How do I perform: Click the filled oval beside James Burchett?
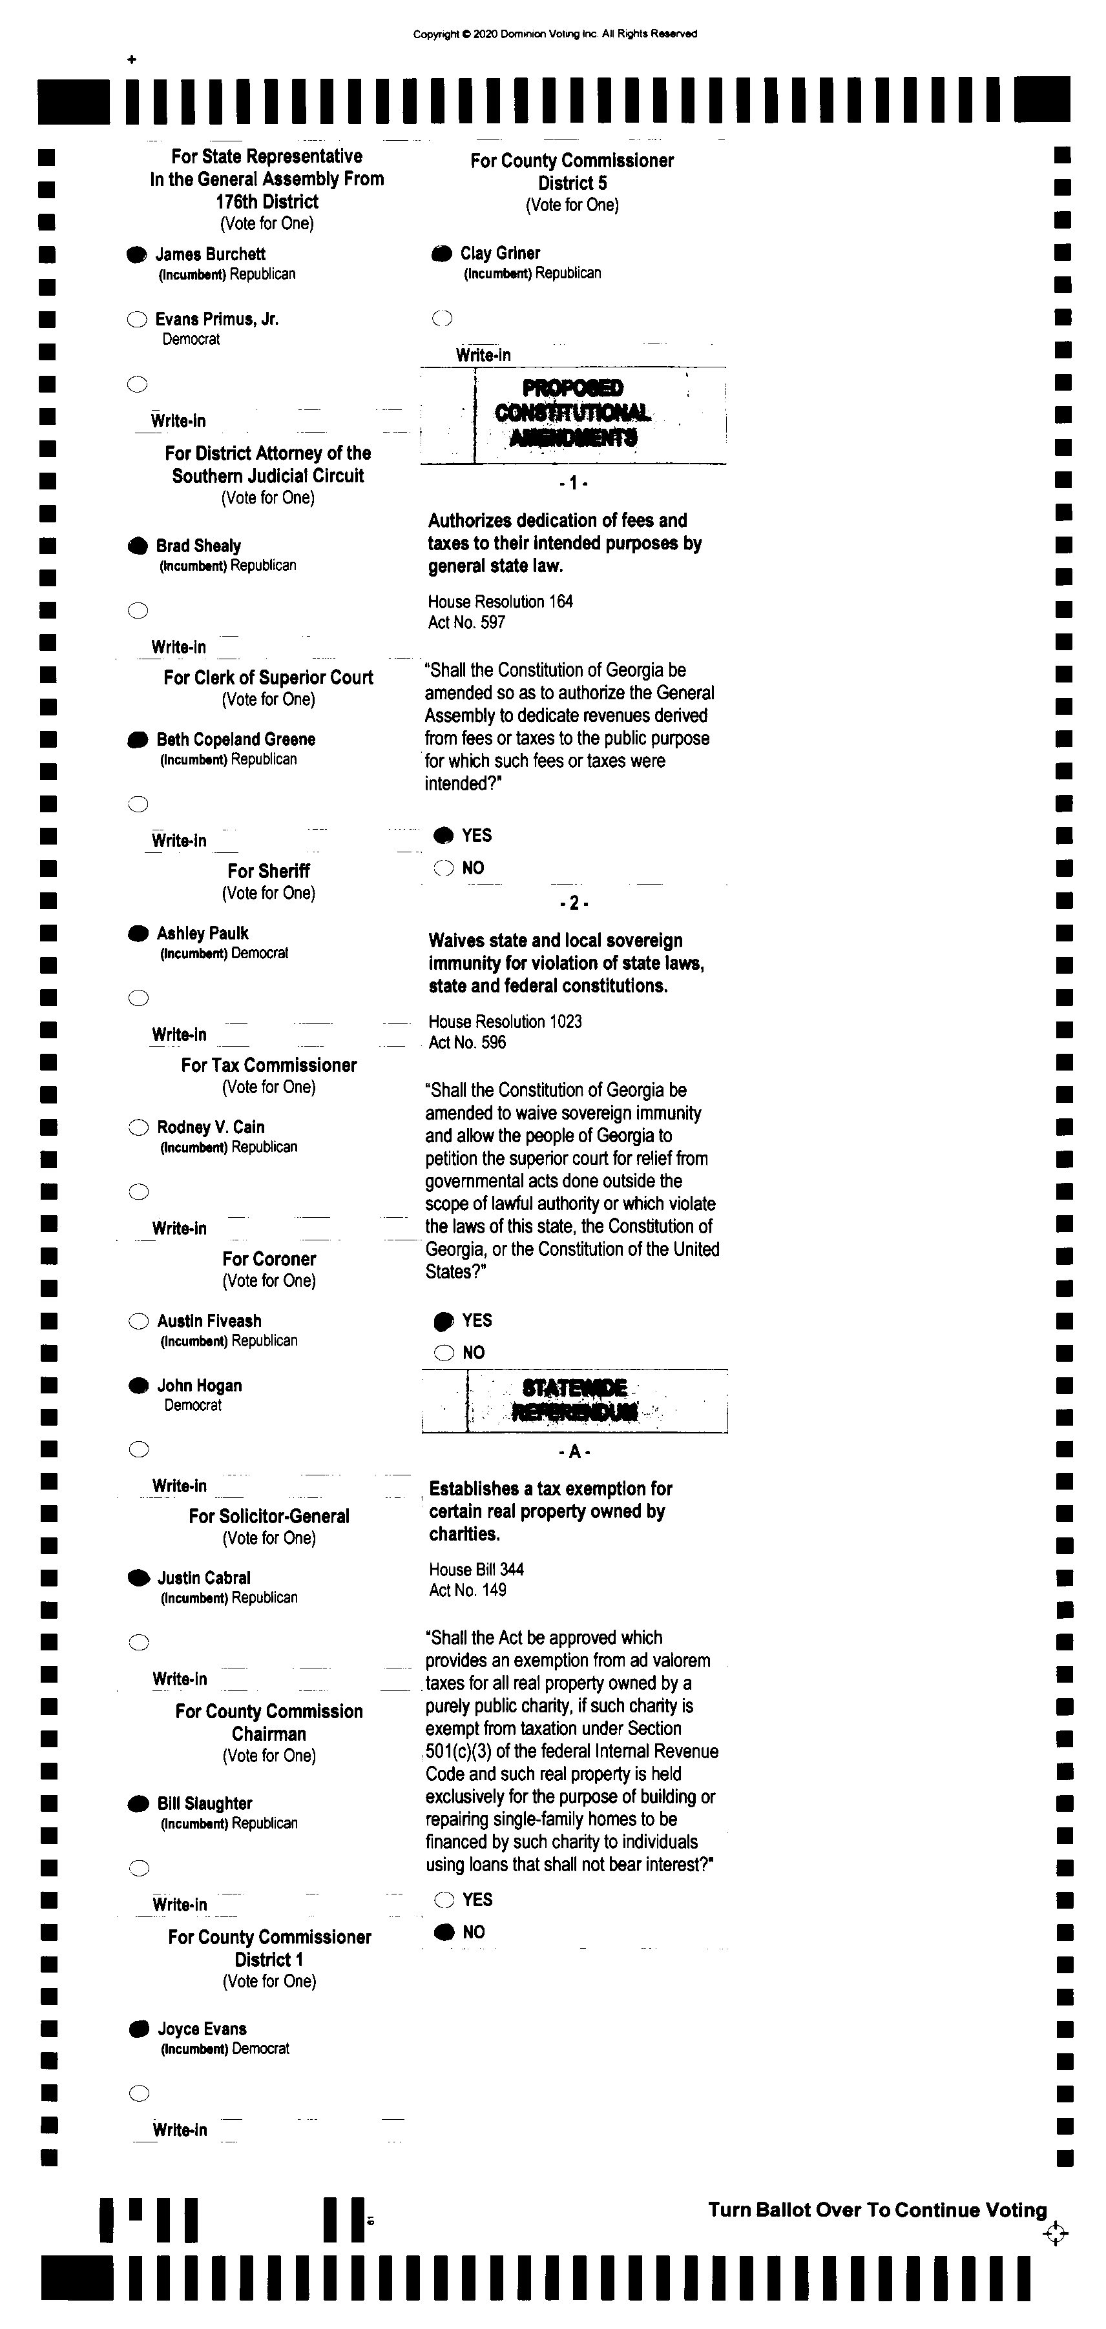pos(136,255)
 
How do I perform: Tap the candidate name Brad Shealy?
pos(198,546)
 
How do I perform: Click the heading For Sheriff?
pos(269,872)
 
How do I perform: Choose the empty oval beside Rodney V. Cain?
pos(138,1127)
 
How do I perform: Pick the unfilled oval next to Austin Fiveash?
pos(138,1322)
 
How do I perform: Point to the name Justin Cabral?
pos(203,1579)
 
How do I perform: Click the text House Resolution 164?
pos(500,602)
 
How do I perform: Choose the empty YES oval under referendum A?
pos(444,1900)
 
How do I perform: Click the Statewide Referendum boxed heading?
pos(574,1401)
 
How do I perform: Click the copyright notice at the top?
pos(554,34)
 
